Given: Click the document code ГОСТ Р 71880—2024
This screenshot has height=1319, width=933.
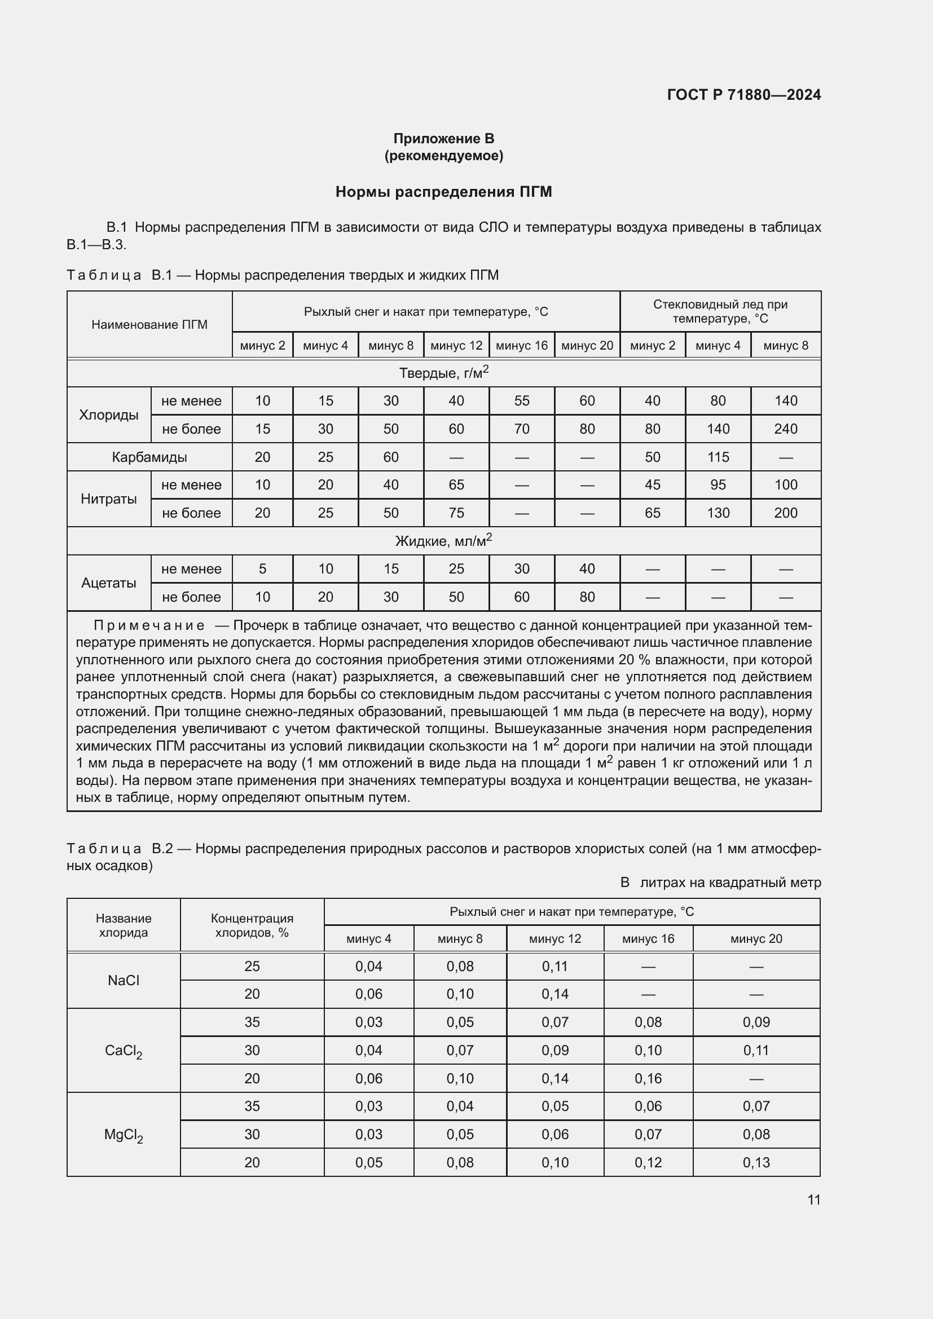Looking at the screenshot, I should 743,95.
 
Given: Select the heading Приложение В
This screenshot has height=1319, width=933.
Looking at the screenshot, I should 443,139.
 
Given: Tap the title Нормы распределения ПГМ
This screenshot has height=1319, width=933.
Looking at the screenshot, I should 443,192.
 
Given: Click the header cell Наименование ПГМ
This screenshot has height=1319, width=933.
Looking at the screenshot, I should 149,325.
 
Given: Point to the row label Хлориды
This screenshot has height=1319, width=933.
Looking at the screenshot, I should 108,415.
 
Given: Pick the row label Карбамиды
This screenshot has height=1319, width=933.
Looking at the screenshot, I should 149,457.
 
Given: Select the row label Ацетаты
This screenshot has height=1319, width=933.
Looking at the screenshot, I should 108,583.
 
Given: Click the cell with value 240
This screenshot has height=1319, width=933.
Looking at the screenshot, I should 785,429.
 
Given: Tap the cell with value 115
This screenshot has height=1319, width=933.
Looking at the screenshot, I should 718,457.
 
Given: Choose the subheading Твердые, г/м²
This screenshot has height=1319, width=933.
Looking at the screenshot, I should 443,373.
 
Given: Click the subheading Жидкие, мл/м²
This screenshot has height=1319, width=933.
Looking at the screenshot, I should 443,541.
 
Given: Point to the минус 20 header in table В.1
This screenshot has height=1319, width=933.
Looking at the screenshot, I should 587,346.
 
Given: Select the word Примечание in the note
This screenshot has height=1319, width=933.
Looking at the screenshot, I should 149,625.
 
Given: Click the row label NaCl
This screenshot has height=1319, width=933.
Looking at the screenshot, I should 124,980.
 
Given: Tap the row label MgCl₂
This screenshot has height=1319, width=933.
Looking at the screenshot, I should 124,1135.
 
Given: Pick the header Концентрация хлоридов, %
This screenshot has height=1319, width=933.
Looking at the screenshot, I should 252,925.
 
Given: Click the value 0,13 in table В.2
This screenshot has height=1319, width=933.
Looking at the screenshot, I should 756,1162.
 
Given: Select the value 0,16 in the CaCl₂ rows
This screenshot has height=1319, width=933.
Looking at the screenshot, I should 648,1078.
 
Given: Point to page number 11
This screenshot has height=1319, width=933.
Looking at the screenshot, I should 813,1199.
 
